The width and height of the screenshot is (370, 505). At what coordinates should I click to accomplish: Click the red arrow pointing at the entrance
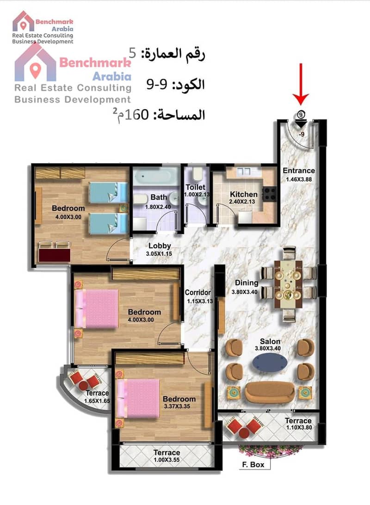[301, 84]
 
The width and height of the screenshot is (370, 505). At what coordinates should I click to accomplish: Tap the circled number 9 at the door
[301, 114]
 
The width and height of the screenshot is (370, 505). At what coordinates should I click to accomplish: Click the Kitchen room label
[244, 194]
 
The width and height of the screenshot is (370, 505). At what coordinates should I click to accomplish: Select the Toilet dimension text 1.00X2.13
[197, 194]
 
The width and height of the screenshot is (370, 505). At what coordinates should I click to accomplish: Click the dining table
[288, 285]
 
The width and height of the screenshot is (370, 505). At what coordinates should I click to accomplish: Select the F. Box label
[253, 464]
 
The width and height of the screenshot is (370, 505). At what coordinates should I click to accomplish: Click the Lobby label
[160, 246]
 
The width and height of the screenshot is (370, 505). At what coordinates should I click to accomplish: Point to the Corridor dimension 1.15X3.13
[200, 302]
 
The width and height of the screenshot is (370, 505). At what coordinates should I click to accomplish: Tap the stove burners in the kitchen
[269, 194]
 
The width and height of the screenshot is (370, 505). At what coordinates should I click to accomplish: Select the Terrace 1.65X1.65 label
[97, 397]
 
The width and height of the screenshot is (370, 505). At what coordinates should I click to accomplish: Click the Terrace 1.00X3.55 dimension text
[166, 460]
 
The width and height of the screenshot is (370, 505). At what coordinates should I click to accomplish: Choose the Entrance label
[299, 170]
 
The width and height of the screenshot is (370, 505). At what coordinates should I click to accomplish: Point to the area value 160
[136, 114]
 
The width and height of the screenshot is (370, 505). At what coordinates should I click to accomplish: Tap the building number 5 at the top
[132, 52]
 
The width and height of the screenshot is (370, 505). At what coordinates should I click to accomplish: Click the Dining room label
[247, 283]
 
